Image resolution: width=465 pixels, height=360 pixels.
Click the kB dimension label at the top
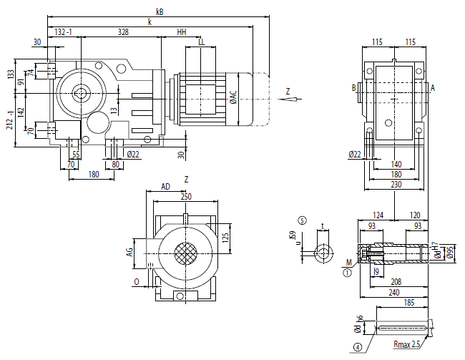point(159,11)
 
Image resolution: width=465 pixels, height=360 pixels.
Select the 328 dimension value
point(123,32)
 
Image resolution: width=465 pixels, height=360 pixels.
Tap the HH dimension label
point(182,32)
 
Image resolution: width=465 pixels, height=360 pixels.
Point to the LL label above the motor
point(202,42)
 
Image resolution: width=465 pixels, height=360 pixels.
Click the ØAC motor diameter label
point(232,98)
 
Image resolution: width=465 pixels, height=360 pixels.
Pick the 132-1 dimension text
point(64,32)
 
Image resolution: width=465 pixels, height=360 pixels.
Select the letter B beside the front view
point(353,88)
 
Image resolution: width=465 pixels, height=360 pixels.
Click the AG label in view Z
point(129,253)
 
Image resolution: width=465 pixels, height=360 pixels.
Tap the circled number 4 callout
point(355,349)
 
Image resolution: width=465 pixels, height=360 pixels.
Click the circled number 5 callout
point(303,221)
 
